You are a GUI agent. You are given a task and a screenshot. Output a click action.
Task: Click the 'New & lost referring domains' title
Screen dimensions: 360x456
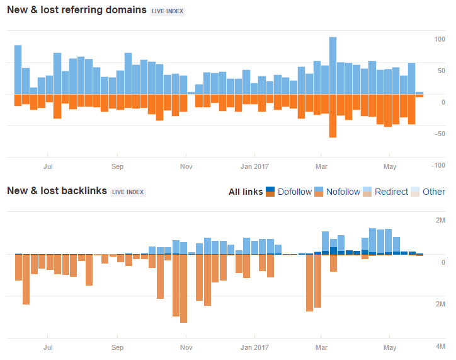(76, 11)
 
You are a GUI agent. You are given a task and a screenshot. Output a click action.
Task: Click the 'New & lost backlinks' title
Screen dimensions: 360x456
(57, 191)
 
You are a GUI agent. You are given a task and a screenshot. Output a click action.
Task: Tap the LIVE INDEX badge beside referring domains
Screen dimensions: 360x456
(168, 11)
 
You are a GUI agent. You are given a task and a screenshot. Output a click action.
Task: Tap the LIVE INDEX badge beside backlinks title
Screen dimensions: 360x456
(128, 192)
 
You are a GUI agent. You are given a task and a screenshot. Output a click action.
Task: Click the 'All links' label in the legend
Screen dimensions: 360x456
(246, 192)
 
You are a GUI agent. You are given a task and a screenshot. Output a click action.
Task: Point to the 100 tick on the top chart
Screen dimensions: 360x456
(439, 39)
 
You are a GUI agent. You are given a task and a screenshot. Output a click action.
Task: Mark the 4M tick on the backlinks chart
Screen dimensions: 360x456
(440, 346)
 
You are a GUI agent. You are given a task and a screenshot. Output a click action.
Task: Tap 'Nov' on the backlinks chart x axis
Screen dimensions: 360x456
(186, 347)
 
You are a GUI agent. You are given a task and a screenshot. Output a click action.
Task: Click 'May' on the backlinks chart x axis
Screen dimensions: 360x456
(389, 347)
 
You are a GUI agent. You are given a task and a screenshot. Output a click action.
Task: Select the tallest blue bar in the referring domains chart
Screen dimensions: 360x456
(333, 66)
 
